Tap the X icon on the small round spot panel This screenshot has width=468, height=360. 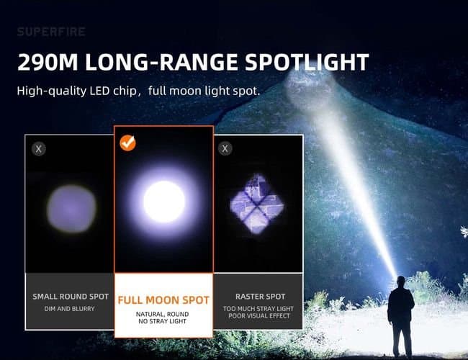click(39, 149)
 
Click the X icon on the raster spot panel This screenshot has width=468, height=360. click(225, 149)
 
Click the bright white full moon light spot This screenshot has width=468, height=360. click(164, 202)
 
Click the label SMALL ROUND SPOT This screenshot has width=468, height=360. click(70, 297)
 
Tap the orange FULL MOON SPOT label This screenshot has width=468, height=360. click(164, 300)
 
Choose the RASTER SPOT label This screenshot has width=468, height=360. click(260, 297)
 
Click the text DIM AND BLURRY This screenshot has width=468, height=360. click(70, 309)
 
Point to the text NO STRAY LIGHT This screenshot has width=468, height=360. click(164, 321)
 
